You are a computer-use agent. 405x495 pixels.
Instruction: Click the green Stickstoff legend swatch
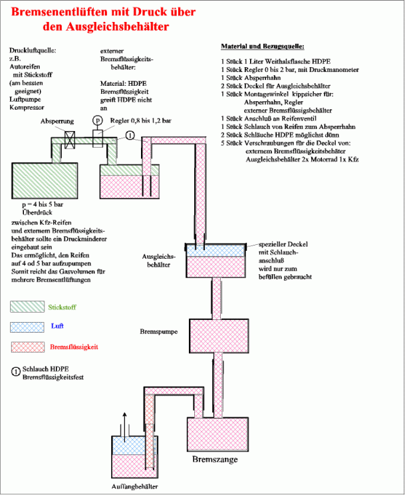point(27,307)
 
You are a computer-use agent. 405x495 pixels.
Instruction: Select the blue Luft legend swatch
point(27,327)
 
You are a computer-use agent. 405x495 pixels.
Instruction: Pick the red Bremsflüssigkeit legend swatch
point(27,347)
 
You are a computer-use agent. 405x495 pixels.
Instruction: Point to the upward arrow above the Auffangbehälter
point(123,420)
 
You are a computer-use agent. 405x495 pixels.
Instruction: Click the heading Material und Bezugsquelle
point(263,47)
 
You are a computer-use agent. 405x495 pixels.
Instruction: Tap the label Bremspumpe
point(158,330)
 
